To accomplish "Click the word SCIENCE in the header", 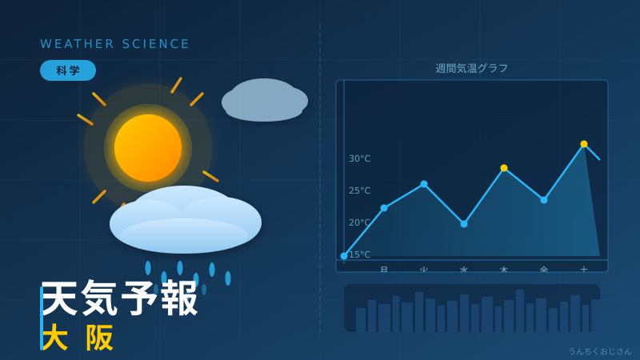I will (156, 44).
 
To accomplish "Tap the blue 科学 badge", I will (68, 70).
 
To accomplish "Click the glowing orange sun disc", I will (148, 148).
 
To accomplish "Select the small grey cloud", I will (264, 101).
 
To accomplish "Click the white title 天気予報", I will (120, 298).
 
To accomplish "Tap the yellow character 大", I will (54, 338).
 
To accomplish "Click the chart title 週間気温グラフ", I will (472, 69).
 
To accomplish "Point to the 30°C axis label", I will (359, 158).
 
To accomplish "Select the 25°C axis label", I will (359, 190).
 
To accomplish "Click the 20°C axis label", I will (359, 222).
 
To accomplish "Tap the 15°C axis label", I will (359, 254).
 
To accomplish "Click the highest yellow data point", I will (584, 144).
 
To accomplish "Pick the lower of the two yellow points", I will (504, 168).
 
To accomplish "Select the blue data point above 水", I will (464, 224).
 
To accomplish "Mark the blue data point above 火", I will (424, 184).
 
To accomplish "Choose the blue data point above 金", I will (544, 200).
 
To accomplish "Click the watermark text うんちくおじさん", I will (599, 351).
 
